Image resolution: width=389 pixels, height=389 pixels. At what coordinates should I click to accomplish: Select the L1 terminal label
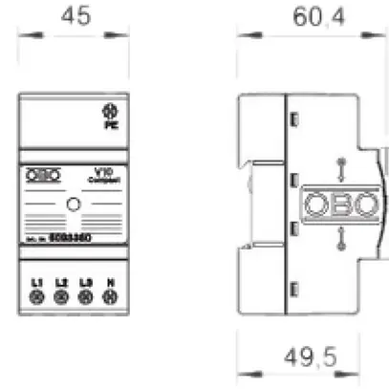[x=37, y=283]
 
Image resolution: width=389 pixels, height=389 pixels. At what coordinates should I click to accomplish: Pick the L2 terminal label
[x=61, y=283]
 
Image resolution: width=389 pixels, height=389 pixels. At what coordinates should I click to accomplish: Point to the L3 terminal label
[x=86, y=283]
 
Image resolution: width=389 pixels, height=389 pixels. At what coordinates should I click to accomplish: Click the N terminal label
[x=110, y=283]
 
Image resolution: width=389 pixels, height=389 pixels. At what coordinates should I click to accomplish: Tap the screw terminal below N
[x=110, y=298]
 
